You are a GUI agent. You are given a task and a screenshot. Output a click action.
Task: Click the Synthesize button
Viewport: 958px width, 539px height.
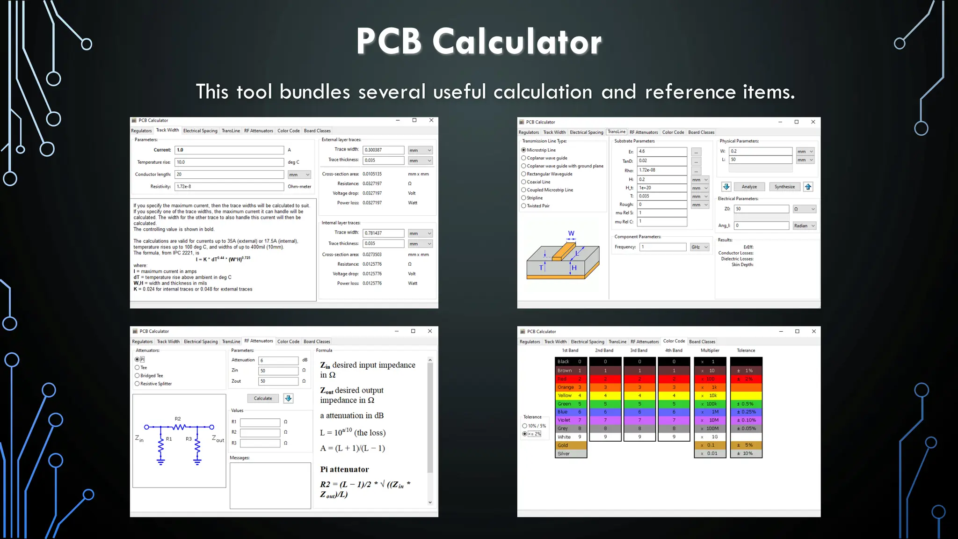[x=784, y=187]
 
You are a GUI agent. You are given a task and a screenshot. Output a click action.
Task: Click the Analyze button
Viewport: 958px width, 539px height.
[x=749, y=187]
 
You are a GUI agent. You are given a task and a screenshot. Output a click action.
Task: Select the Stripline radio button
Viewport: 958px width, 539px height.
[x=524, y=198]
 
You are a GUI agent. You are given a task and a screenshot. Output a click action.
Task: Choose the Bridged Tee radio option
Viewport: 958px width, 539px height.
[x=138, y=376]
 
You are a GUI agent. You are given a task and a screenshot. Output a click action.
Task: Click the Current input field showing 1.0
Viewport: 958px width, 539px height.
[x=229, y=150]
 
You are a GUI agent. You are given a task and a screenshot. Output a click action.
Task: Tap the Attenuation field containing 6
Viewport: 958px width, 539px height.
[x=278, y=360]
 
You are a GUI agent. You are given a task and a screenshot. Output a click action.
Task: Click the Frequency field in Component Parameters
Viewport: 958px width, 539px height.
[x=663, y=247]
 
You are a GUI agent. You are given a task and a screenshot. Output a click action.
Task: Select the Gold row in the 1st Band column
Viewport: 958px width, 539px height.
[x=571, y=445]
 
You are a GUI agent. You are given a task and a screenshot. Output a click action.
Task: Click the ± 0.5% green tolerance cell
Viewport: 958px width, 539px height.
[x=746, y=404]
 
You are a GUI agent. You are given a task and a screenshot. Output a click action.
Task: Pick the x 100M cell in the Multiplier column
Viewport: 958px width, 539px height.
[x=710, y=429]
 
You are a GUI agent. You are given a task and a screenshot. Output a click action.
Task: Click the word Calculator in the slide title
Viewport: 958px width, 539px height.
[x=517, y=42]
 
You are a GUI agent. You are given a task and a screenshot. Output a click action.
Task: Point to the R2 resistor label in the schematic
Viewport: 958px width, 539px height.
[x=178, y=419]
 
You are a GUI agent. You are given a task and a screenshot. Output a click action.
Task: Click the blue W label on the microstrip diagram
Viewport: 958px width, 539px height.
[x=571, y=233]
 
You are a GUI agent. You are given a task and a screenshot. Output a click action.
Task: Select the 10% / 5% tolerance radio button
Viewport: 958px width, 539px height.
[x=525, y=426]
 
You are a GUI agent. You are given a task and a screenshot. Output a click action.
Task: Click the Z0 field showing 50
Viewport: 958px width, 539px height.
[x=761, y=209]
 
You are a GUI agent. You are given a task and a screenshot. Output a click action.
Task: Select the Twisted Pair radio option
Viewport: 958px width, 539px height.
[x=524, y=206]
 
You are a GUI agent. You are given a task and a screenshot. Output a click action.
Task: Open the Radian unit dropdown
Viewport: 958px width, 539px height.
[x=805, y=226]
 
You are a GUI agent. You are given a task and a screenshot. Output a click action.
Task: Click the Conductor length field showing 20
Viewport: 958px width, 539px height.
[x=229, y=175]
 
